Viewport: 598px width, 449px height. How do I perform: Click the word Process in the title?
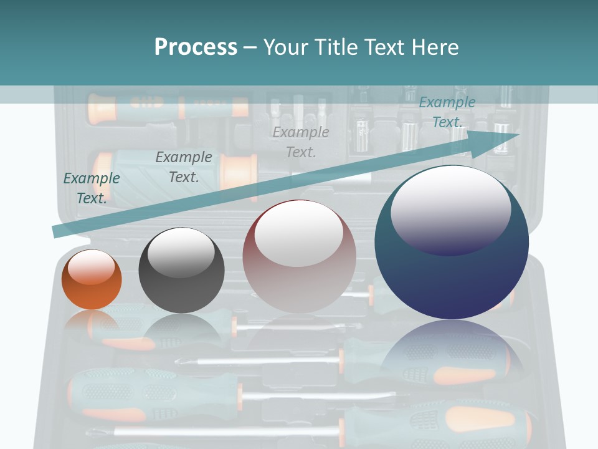(196, 47)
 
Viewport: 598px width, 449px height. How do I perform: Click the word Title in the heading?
(337, 47)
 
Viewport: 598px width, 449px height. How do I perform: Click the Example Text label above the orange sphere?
(92, 188)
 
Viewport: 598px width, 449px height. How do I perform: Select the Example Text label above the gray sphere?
(184, 167)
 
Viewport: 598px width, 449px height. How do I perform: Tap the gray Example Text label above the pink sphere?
(301, 142)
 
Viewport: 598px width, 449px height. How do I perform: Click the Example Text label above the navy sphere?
(447, 112)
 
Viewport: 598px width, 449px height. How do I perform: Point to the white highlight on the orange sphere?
(92, 267)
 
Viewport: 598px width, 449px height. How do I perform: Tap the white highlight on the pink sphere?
(299, 233)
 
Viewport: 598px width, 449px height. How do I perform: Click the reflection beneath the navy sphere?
(452, 355)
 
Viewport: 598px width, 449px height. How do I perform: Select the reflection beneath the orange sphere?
(92, 321)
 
